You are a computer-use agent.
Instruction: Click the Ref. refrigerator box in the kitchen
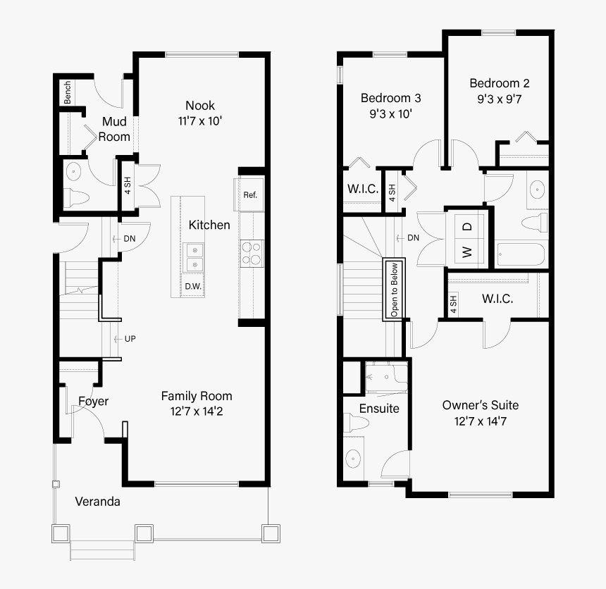[x=249, y=194]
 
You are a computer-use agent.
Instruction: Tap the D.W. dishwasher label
[x=193, y=287]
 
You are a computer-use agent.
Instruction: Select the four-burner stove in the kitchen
[x=251, y=253]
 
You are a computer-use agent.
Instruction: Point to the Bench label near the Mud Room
[x=68, y=92]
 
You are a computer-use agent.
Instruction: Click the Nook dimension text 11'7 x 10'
[x=200, y=120]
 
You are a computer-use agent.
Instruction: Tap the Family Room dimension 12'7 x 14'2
[x=197, y=410]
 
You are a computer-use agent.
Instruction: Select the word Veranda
[x=97, y=502]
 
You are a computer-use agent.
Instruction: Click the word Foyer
[x=93, y=402]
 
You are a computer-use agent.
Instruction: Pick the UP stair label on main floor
[x=130, y=339]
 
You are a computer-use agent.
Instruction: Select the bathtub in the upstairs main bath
[x=521, y=254]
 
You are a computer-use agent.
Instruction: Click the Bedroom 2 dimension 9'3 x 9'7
[x=500, y=99]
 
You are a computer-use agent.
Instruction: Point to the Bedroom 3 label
[x=390, y=98]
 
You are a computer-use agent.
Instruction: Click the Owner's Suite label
[x=480, y=405]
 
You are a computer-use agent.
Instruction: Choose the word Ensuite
[x=379, y=409]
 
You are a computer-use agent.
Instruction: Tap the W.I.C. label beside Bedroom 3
[x=362, y=190]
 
